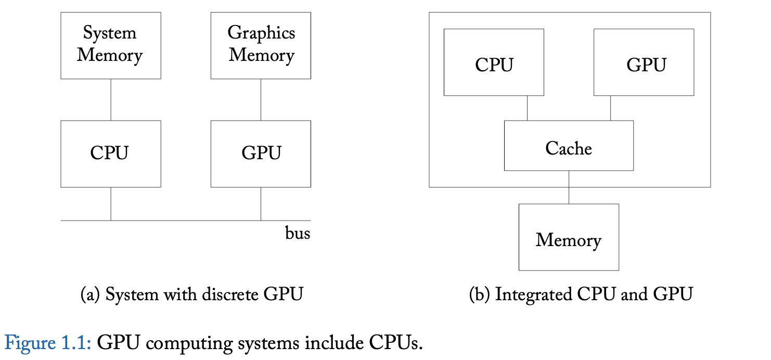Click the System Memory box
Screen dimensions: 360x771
(110, 45)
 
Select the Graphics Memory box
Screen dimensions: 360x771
(261, 45)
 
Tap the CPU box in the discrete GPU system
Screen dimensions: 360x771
(110, 153)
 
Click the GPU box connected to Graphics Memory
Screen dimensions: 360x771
(261, 153)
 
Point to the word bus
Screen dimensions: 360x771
(297, 234)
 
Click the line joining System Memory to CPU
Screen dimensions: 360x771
(111, 99)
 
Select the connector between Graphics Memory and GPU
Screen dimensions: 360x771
(261, 99)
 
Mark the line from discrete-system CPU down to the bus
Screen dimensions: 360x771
(111, 204)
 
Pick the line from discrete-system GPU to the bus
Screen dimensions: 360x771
(261, 204)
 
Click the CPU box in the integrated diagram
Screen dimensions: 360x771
(494, 62)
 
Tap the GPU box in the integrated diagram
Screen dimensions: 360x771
(644, 62)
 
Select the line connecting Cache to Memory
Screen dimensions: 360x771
(569, 187)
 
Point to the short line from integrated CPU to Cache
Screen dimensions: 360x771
(527, 108)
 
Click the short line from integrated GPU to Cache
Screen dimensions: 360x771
(610, 108)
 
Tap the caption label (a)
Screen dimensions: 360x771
(91, 295)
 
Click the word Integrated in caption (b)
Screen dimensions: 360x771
(533, 295)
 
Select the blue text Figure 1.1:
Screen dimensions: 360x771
(48, 343)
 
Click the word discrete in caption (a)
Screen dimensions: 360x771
(229, 295)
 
